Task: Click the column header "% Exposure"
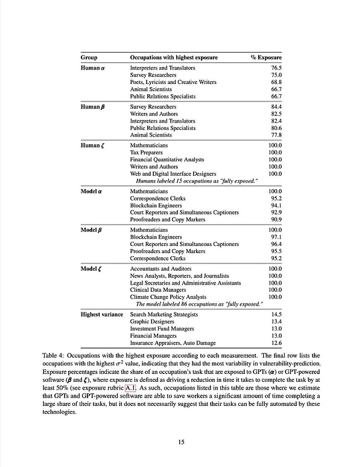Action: pos(266,57)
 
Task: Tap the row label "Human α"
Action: pos(94,68)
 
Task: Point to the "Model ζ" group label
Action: pos(94,268)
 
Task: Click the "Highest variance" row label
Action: pos(102,314)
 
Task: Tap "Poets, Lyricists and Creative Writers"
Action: pos(173,82)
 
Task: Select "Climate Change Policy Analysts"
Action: pos(168,297)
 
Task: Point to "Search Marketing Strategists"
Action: pos(165,314)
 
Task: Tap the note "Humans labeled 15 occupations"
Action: pos(197,181)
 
